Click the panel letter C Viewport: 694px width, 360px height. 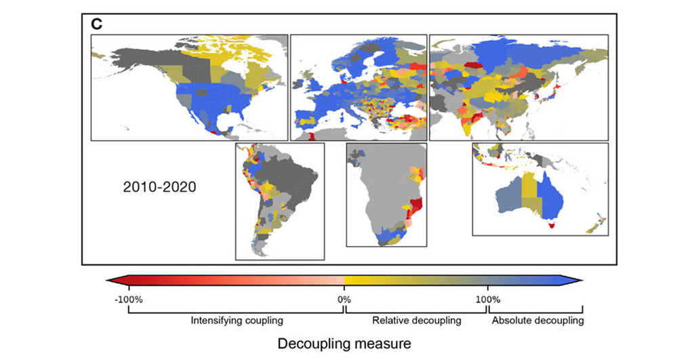coord(97,24)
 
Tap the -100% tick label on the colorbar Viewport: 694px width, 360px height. coord(128,299)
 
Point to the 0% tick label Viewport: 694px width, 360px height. coord(344,299)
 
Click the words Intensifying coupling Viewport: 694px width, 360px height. coord(237,320)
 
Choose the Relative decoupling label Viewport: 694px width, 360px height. coord(417,320)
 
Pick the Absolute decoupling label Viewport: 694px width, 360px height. coord(537,320)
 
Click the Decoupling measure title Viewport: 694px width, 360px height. coord(344,344)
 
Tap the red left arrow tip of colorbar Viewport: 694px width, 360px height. coord(110,279)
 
